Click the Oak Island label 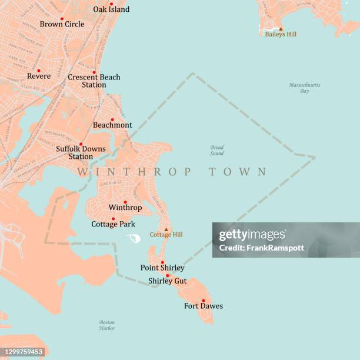point(111,9)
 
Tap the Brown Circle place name point(62,24)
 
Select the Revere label point(39,76)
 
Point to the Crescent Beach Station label point(94,81)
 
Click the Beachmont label point(112,125)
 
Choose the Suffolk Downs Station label point(81,152)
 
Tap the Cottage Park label point(113,224)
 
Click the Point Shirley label point(162,268)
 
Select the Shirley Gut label point(167,281)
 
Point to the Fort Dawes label point(204,306)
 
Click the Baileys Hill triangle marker point(281,28)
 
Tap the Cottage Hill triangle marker point(166,229)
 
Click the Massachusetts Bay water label point(305,88)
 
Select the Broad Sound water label point(217,150)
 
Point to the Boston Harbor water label point(107,325)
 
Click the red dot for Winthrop point(125,202)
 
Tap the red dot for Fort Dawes point(203,300)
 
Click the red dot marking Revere point(39,71)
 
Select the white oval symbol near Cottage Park point(134,238)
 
